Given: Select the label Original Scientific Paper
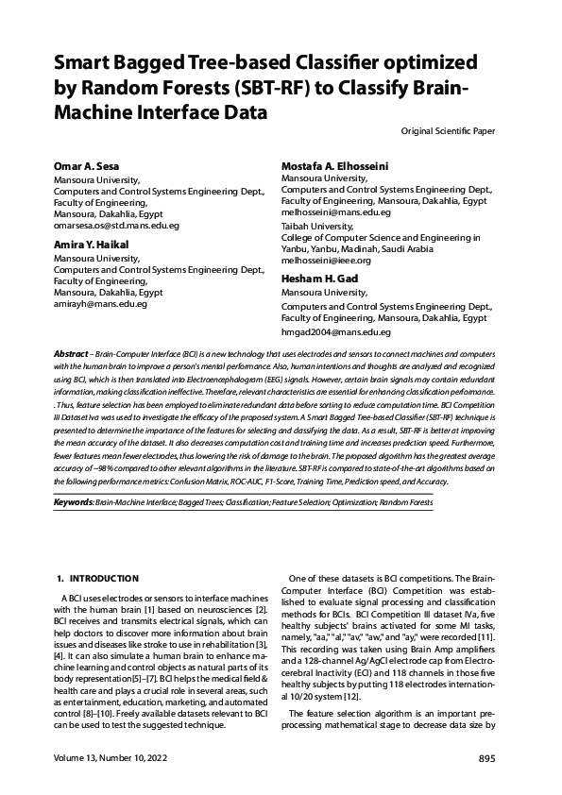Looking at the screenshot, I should pyautogui.click(x=448, y=130).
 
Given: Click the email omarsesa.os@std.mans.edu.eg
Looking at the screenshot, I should pyautogui.click(x=116, y=227).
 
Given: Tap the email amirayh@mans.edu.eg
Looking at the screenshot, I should pyautogui.click(x=100, y=304).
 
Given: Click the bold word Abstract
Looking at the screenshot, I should pyautogui.click(x=73, y=352).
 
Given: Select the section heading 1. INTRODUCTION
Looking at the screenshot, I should pyautogui.click(x=99, y=578).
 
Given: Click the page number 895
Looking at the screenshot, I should pyautogui.click(x=486, y=759).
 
